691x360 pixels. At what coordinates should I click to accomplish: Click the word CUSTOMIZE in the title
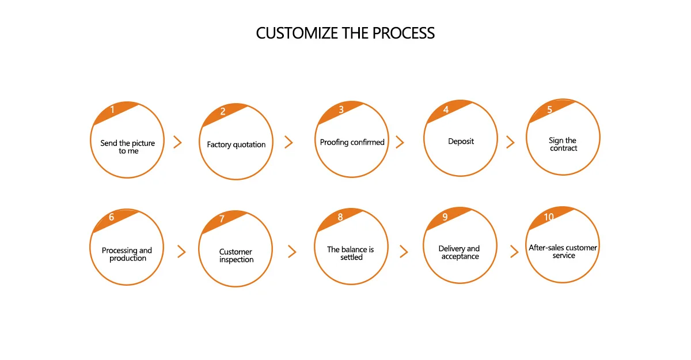(297, 33)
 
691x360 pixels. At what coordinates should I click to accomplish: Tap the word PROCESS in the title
(404, 33)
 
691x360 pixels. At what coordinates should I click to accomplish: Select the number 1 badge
(113, 109)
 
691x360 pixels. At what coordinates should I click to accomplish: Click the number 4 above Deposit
(446, 109)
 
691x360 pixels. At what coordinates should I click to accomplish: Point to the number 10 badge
(549, 217)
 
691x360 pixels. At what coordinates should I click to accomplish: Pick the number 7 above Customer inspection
(222, 219)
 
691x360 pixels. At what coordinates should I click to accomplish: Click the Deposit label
(461, 141)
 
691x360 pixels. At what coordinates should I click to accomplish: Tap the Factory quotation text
(236, 145)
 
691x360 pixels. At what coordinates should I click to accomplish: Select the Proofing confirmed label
(352, 142)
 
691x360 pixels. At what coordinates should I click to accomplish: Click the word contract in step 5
(564, 149)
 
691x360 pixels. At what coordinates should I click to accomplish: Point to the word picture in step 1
(143, 143)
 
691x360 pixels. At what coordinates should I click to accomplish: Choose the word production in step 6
(128, 258)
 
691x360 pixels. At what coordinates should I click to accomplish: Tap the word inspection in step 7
(236, 260)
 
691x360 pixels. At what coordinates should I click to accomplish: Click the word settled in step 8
(351, 257)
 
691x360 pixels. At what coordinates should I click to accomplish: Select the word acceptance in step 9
(460, 257)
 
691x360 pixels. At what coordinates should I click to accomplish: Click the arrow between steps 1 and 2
(177, 142)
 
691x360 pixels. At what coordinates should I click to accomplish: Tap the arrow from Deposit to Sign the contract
(511, 142)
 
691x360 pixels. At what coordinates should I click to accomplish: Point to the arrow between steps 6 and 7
(182, 251)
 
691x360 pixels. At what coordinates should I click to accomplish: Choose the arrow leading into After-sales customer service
(514, 251)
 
